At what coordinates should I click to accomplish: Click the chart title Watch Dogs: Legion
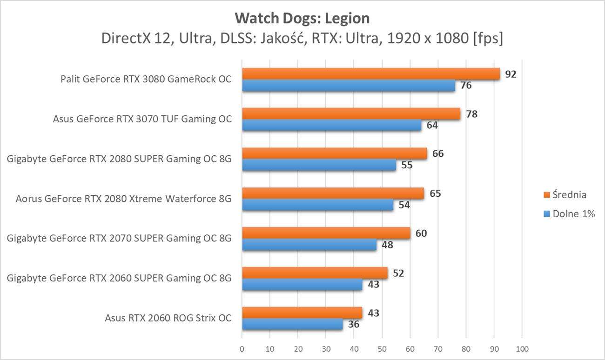coord(302,18)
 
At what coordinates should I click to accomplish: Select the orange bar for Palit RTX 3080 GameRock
coord(370,74)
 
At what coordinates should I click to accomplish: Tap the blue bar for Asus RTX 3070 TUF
coord(331,126)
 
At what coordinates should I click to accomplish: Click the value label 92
coord(511,74)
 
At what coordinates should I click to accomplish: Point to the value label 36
coord(354,324)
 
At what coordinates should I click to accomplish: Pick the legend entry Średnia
coord(569,194)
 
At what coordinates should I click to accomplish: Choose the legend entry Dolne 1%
coord(573,214)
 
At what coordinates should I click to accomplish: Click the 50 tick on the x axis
coord(382,349)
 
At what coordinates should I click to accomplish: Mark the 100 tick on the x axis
coord(522,349)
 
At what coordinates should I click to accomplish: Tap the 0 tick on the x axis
coord(242,349)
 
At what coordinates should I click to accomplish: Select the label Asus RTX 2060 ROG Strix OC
coord(168,319)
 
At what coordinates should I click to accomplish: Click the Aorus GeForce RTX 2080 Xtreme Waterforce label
coord(123,199)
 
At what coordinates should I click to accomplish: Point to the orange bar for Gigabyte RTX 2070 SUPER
coord(326,233)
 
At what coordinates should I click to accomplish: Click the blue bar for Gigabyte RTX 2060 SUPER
coord(302,284)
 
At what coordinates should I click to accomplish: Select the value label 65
coord(435,193)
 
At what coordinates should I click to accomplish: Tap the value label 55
coord(407,165)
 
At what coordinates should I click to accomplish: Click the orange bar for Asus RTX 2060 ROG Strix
coord(302,313)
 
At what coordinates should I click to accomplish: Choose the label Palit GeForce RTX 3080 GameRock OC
coord(146,79)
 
